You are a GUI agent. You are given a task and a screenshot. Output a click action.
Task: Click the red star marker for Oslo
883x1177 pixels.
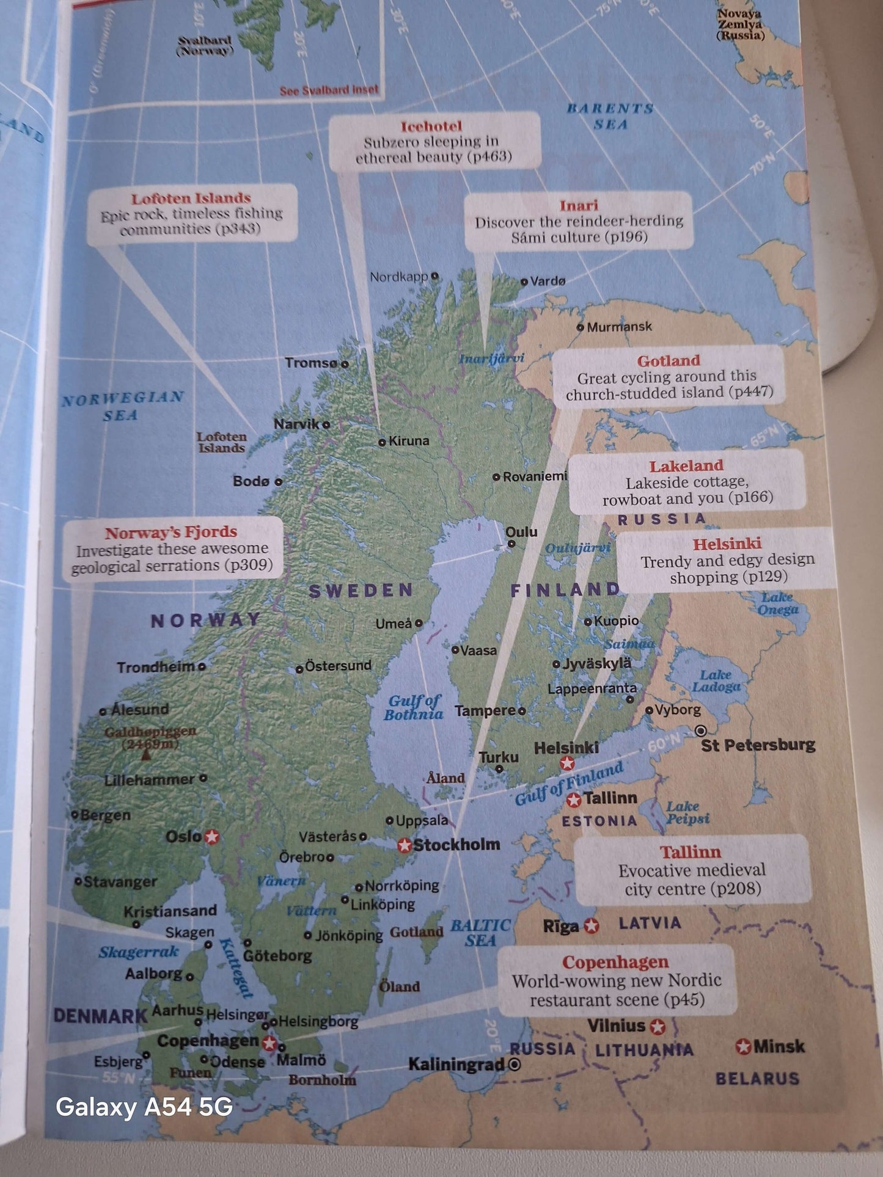pyautogui.click(x=212, y=837)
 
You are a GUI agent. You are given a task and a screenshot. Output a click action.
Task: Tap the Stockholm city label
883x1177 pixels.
pyautogui.click(x=456, y=845)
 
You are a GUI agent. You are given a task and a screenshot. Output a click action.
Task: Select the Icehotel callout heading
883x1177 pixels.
pyautogui.click(x=431, y=126)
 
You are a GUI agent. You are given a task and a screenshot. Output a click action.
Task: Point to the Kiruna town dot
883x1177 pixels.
pyautogui.click(x=382, y=442)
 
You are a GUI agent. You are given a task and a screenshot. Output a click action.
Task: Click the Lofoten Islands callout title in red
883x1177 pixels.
pyautogui.click(x=191, y=198)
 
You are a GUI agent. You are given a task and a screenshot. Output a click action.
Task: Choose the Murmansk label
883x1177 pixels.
pyautogui.click(x=619, y=327)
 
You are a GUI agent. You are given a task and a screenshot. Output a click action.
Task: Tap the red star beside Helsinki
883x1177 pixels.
pyautogui.click(x=567, y=763)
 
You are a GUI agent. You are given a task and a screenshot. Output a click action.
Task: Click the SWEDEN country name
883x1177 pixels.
pyautogui.click(x=361, y=591)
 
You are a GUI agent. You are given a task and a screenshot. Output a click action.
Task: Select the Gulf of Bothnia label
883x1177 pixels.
pyautogui.click(x=414, y=707)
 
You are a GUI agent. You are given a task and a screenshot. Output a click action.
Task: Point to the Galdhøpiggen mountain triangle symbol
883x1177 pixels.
pyautogui.click(x=145, y=756)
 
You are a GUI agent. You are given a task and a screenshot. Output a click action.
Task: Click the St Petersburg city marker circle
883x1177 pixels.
pyautogui.click(x=701, y=731)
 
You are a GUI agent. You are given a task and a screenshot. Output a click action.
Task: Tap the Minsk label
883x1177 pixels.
pyautogui.click(x=779, y=1047)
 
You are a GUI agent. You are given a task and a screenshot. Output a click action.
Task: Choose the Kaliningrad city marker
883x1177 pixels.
pyautogui.click(x=515, y=1065)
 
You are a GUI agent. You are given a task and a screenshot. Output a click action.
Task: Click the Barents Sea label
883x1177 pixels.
pyautogui.click(x=610, y=116)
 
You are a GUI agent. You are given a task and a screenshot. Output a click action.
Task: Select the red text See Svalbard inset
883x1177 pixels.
pyautogui.click(x=329, y=90)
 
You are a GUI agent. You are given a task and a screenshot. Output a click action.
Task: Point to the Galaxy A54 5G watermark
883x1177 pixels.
pyautogui.click(x=144, y=1107)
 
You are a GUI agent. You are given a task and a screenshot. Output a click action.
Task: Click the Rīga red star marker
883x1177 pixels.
pyautogui.click(x=591, y=926)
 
